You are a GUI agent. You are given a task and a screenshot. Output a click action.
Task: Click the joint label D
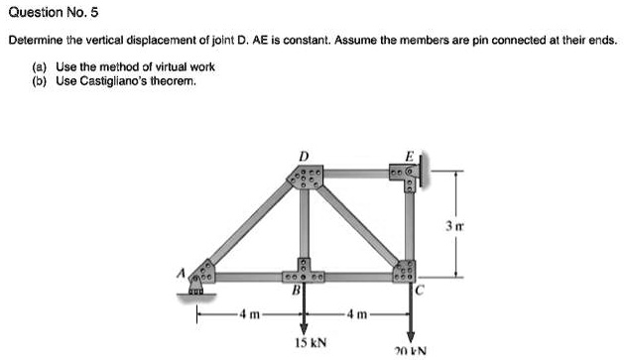[x=304, y=157]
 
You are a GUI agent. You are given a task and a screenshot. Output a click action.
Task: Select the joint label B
[x=295, y=291]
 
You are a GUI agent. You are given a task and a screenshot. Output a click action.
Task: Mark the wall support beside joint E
[x=428, y=180]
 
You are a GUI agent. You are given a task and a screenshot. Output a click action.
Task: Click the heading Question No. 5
[x=53, y=13]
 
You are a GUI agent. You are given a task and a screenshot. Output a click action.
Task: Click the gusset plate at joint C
[x=408, y=273]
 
